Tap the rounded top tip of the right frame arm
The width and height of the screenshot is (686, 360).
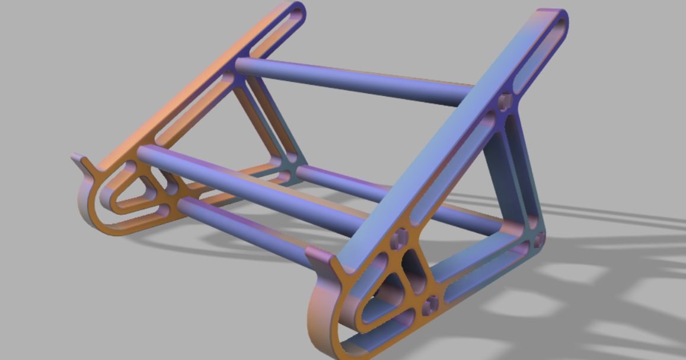click(x=555, y=18)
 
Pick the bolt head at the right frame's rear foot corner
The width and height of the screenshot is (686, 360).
click(x=539, y=240)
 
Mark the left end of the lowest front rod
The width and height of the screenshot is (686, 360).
click(x=184, y=205)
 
